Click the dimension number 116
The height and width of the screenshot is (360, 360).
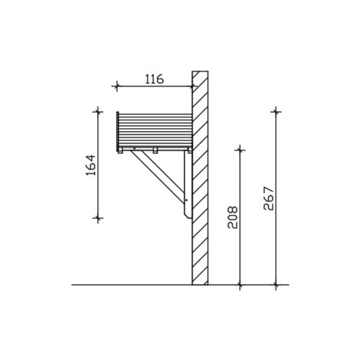[x=154, y=79]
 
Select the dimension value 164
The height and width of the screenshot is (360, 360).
[x=91, y=165]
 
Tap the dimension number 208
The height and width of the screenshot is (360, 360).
[x=233, y=217]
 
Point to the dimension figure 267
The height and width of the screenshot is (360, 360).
[x=269, y=199]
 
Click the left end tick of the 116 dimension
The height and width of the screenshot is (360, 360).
[x=117, y=86]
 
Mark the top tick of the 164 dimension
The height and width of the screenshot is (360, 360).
[x=98, y=112]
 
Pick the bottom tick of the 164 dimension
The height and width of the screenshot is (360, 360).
[x=98, y=218]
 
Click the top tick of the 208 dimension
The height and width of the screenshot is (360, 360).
[x=240, y=150]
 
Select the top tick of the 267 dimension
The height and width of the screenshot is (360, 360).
[x=276, y=112]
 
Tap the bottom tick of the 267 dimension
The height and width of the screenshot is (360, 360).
[x=276, y=285]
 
